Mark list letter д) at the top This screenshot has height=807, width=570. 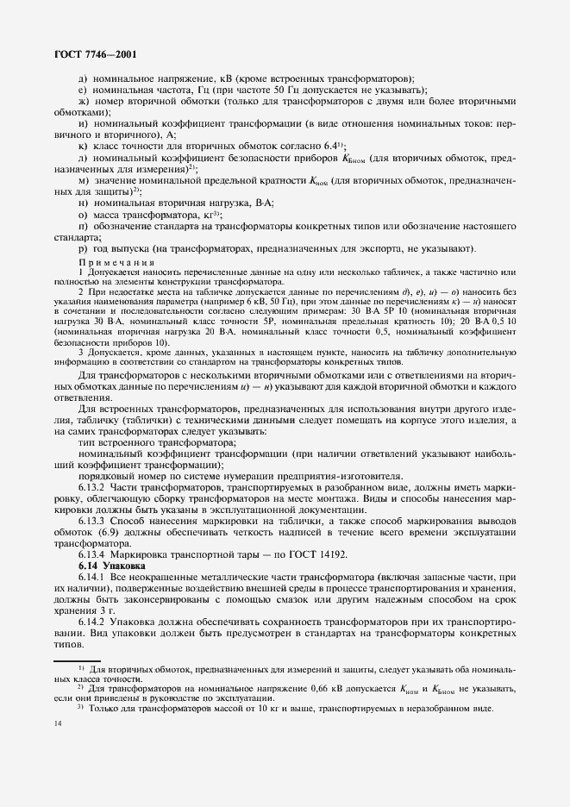point(82,78)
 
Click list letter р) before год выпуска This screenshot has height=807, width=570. point(82,249)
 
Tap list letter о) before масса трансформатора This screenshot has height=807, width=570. point(82,214)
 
